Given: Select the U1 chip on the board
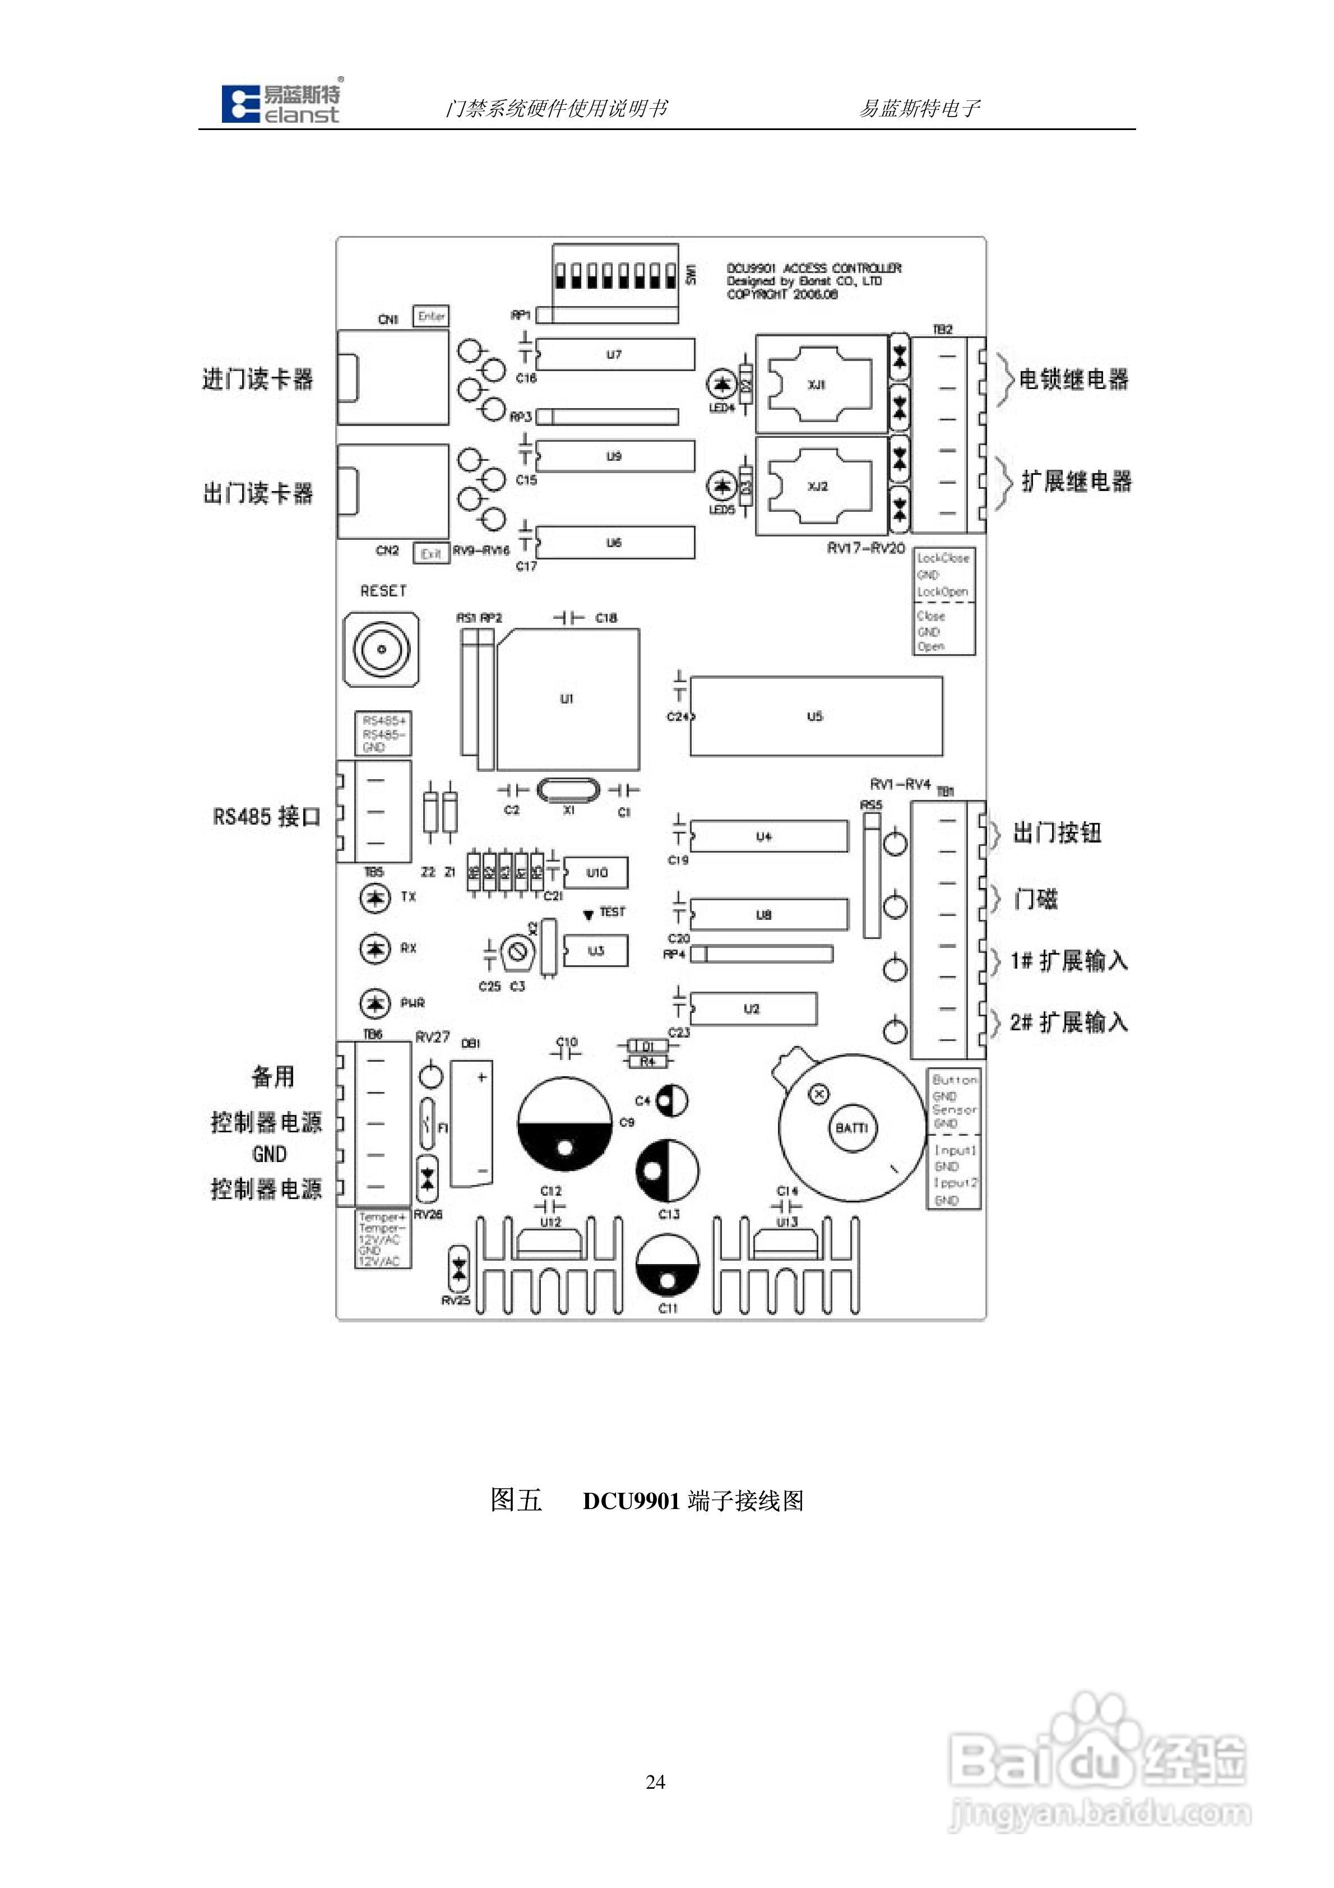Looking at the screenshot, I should tap(567, 699).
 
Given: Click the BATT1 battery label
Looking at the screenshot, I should tap(851, 1127).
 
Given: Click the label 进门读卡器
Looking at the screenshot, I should tap(257, 379).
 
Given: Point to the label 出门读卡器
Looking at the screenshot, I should tap(257, 493).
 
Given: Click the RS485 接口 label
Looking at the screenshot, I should tap(266, 817).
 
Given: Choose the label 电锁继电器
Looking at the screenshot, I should tap(1073, 379).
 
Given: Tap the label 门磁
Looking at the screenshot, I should tap(1035, 899).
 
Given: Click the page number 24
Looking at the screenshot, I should tap(655, 1782).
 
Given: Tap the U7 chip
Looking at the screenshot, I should tap(614, 354).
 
